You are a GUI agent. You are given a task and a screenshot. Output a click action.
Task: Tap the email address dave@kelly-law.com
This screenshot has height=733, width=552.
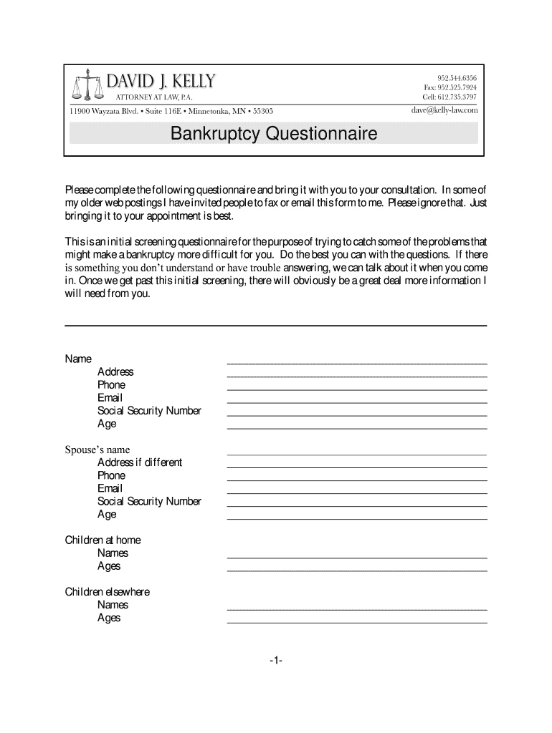click(444, 110)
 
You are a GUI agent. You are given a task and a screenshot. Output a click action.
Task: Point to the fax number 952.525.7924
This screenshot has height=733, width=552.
click(450, 87)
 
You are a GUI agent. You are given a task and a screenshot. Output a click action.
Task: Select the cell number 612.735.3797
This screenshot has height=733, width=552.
click(449, 97)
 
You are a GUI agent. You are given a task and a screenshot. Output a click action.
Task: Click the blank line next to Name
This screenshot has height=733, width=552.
click(357, 363)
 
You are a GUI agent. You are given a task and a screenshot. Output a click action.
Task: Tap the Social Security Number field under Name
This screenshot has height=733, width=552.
click(357, 414)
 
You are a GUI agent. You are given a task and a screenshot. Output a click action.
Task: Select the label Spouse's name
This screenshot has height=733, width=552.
click(97, 450)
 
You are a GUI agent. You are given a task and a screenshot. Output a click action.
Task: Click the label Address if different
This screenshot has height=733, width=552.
click(140, 462)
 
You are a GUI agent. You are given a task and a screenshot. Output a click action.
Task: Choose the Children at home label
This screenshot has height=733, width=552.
click(103, 540)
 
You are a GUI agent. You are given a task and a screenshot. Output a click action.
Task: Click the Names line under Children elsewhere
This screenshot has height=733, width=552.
click(357, 608)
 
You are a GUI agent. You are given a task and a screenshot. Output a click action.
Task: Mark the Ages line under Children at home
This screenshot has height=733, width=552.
click(357, 570)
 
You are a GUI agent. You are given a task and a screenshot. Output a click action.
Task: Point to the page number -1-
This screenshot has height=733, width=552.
click(276, 661)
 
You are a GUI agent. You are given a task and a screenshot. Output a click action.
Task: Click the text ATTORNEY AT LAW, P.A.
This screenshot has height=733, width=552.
click(154, 97)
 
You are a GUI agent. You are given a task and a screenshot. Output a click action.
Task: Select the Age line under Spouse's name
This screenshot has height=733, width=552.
click(357, 518)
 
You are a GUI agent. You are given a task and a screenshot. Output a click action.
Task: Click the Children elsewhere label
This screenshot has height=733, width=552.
click(108, 592)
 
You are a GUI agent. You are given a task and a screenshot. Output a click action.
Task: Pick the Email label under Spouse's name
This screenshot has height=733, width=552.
click(110, 488)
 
